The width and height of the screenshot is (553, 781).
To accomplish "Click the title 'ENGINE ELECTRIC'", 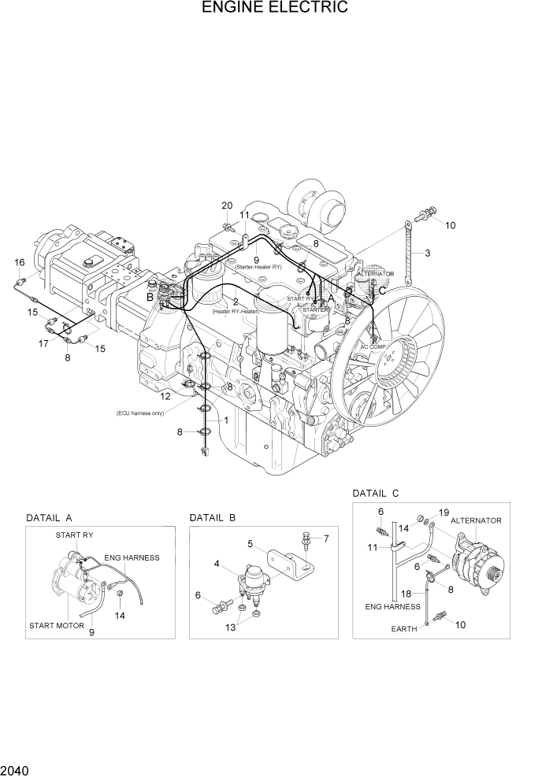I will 275,9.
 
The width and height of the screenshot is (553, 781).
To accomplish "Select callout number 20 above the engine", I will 227,206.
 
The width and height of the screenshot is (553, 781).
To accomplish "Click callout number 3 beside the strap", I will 427,253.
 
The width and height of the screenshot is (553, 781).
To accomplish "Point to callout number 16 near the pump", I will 20,262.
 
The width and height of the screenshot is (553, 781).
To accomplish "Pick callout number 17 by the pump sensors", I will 44,344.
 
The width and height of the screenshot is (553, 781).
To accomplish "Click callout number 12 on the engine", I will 165,396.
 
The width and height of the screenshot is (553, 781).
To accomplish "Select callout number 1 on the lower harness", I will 226,420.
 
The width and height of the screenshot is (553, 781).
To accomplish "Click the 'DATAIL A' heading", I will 50,518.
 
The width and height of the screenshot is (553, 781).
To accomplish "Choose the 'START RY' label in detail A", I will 74,535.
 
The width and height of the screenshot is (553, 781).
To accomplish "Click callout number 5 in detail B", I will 250,543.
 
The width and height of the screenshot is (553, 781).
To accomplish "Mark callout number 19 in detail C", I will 444,513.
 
